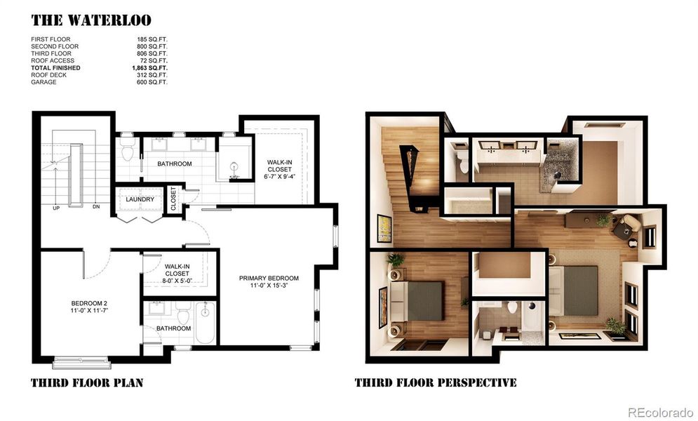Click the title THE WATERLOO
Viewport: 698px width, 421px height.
[x=90, y=20]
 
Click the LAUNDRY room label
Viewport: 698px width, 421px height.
[x=140, y=199]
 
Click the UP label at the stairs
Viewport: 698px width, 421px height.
[x=55, y=208]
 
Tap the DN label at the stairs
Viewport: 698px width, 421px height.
[x=96, y=208]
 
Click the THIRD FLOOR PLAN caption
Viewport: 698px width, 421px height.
[x=87, y=382]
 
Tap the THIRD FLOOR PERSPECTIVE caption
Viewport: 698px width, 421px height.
[x=435, y=382]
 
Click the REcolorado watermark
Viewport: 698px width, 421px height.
[x=659, y=411]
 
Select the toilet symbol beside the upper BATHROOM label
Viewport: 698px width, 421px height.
[x=127, y=152]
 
